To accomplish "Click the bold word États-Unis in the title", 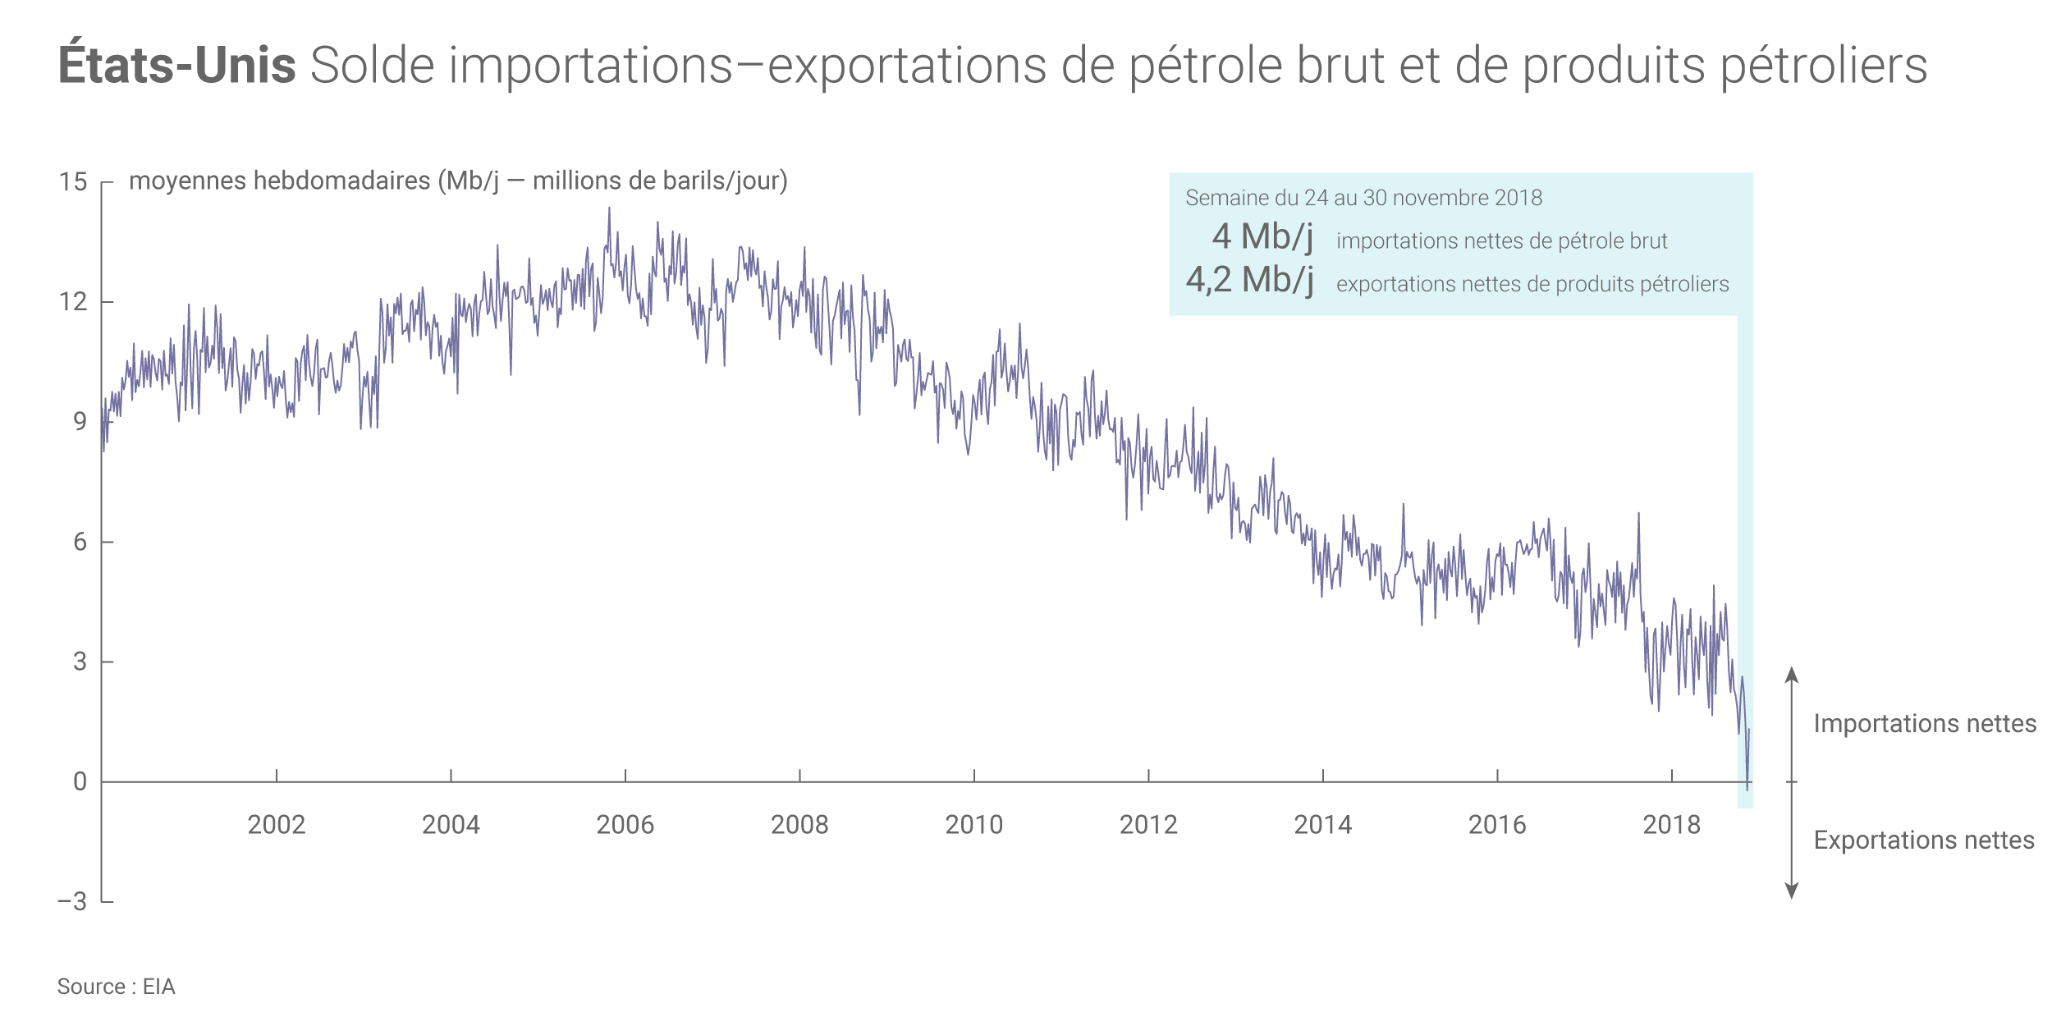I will pos(176,66).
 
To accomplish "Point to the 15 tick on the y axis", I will pos(73,182).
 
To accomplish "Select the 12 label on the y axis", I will pos(73,302).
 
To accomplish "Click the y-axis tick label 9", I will pos(80,422).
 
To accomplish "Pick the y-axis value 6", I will pos(80,542).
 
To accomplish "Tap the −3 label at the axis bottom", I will pos(72,902).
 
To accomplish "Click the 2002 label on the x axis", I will pos(277,825).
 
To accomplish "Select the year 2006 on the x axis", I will pos(625,825).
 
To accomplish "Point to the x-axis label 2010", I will pos(974,825).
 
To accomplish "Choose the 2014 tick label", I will pos(1323,825).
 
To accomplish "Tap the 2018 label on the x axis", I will pos(1672,825).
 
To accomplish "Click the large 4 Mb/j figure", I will pos(1262,237).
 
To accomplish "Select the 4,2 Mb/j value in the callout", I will pos(1249,281).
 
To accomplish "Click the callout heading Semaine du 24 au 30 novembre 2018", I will pos(1363,198).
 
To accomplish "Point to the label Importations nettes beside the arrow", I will pos(1925,724).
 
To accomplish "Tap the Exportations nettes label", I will pos(1924,840).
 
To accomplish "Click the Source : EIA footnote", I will pos(116,987).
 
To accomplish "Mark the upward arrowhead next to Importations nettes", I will pos(1792,675).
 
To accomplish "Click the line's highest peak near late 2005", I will pos(609,208).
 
